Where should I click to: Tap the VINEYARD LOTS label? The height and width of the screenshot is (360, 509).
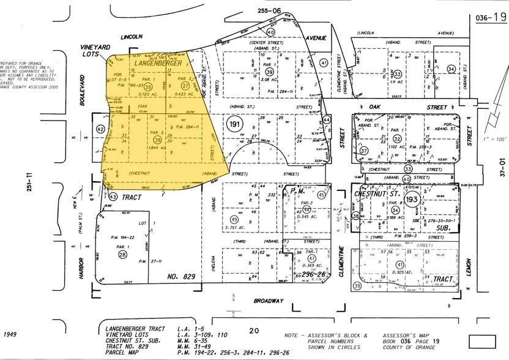click(x=95, y=51)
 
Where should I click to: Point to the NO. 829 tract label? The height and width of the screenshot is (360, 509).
click(x=181, y=277)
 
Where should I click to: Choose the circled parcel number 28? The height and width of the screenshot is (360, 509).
click(x=123, y=254)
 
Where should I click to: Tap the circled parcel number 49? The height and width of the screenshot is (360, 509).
click(x=233, y=220)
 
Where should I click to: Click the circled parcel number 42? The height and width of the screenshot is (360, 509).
click(x=100, y=129)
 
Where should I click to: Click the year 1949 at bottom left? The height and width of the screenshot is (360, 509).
click(x=10, y=334)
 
